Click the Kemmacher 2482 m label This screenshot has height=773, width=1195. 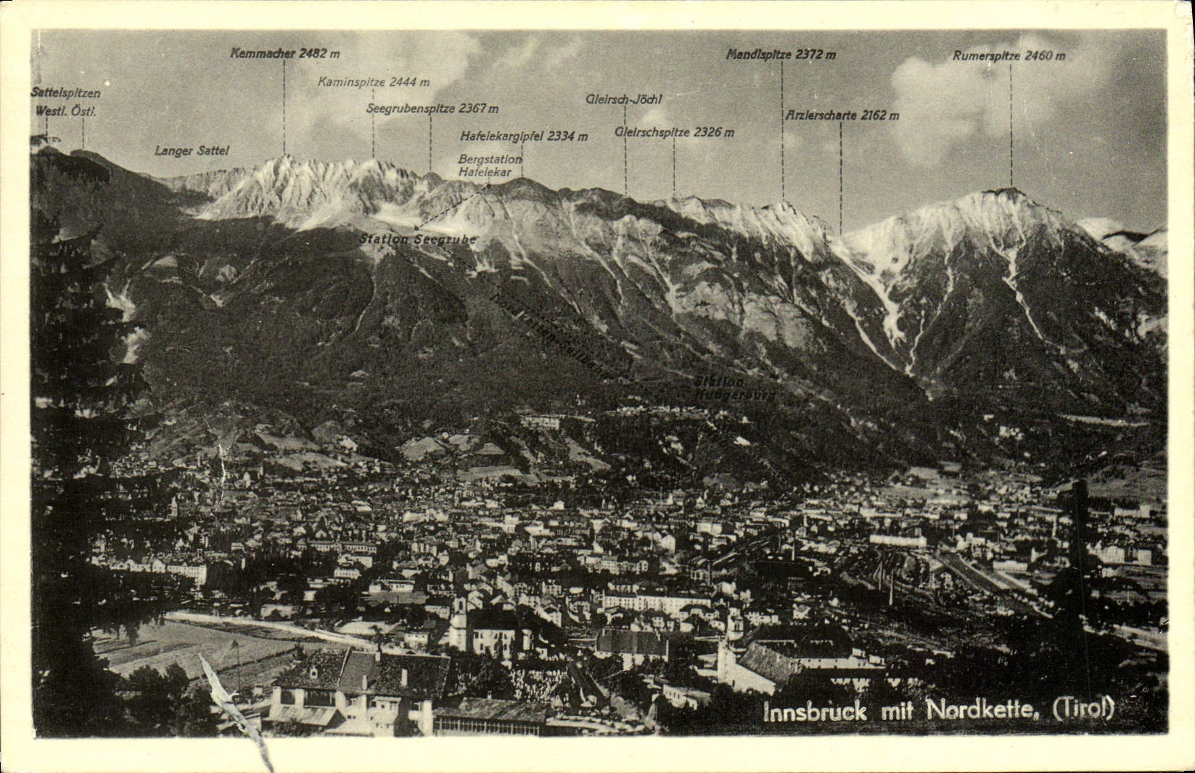point(285,53)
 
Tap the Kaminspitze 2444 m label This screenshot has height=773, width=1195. point(373,82)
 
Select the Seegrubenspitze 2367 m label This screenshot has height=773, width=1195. point(432,109)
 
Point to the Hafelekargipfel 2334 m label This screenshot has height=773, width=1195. point(524,136)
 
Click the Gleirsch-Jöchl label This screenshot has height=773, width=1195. point(624,99)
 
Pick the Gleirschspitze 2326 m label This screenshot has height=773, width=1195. point(674,132)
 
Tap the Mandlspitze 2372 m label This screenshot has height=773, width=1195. point(781,54)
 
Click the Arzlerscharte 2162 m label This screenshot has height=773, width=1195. point(842,115)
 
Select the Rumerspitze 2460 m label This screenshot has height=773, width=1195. point(1009,56)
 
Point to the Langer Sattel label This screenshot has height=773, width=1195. point(192,151)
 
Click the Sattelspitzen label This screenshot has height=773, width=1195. point(65,93)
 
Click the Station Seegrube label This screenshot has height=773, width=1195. point(418,239)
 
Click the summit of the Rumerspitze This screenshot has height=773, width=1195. point(1011,190)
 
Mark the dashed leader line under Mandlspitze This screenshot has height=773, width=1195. point(782,131)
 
